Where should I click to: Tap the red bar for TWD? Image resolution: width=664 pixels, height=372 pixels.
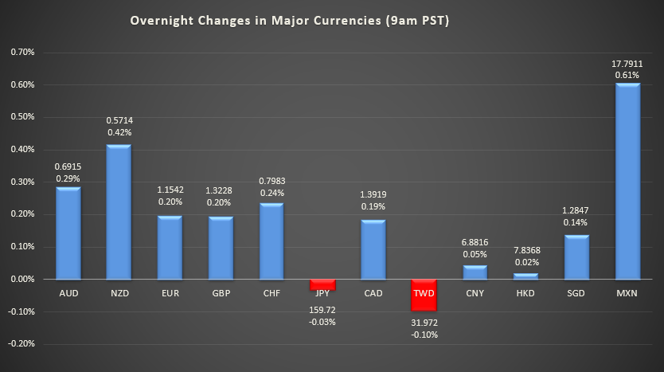point(424,295)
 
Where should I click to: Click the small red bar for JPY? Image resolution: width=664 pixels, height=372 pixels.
point(322,284)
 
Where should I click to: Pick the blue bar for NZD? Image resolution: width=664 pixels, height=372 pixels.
point(119,212)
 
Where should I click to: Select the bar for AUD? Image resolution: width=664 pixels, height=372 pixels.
point(68,233)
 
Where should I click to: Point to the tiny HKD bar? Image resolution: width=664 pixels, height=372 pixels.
point(525,276)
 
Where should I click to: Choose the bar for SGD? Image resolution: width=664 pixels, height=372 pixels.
point(576,256)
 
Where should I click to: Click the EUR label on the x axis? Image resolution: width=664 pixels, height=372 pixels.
point(170,293)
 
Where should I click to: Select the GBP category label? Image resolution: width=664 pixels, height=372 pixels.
point(221,293)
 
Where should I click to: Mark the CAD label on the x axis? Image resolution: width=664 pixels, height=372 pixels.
point(373,293)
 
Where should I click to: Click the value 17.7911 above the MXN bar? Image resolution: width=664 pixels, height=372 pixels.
point(627,63)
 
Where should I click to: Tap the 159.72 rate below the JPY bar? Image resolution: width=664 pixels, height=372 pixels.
point(322,309)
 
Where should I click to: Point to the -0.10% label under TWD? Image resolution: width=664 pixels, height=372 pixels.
point(424,335)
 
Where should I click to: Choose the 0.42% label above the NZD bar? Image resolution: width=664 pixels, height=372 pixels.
point(119,132)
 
